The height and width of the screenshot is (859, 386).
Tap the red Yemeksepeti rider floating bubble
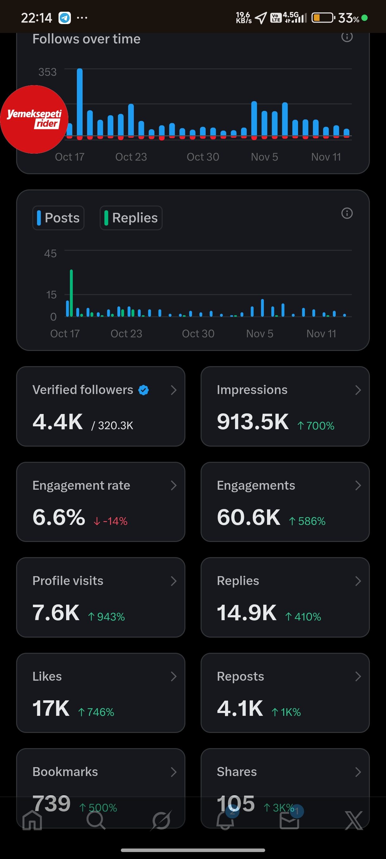tap(34, 119)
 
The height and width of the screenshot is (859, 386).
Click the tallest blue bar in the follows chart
tap(80, 102)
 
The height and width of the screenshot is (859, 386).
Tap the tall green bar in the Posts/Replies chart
tap(71, 293)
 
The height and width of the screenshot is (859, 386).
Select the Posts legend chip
tap(58, 218)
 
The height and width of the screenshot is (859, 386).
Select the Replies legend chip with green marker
tap(131, 218)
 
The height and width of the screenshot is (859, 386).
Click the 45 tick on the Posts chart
tap(50, 253)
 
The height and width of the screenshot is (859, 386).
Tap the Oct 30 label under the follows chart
tap(203, 157)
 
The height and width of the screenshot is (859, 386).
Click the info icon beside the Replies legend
tap(347, 213)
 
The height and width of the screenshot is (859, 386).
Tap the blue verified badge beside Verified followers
tap(144, 390)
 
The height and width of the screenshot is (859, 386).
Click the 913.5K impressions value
tap(253, 422)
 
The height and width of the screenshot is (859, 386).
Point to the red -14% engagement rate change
tap(110, 521)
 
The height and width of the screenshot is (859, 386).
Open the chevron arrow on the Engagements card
tap(358, 486)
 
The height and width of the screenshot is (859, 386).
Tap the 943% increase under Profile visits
tap(106, 617)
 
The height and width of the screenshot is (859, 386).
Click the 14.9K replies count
tap(247, 613)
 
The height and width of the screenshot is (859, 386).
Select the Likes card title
tap(47, 676)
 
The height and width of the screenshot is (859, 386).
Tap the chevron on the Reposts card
tap(358, 676)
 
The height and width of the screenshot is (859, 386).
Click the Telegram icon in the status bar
tap(65, 18)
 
